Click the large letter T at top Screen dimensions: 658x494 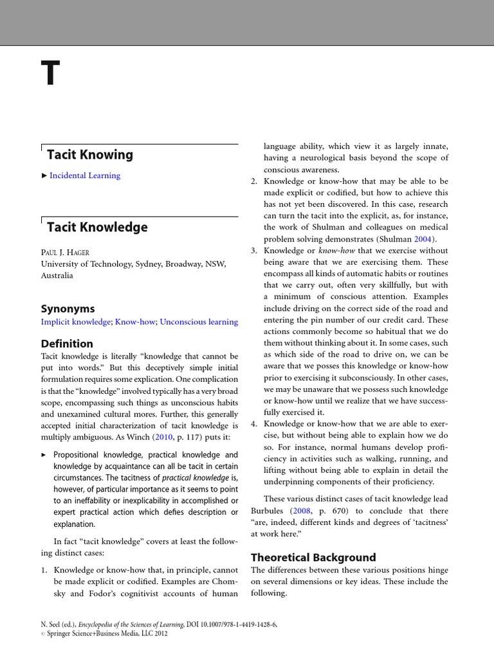click(x=52, y=75)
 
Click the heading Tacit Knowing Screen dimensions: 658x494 click(x=89, y=155)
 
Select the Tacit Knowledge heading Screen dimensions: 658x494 click(x=97, y=227)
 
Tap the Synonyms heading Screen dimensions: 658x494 click(x=68, y=308)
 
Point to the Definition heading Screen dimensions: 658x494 click(x=67, y=344)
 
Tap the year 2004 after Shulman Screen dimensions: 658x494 click(x=424, y=239)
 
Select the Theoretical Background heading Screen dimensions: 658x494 click(x=313, y=557)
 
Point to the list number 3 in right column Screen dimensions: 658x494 click(x=253, y=251)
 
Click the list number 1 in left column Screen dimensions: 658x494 click(x=44, y=570)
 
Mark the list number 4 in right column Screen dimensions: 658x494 click(x=253, y=424)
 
